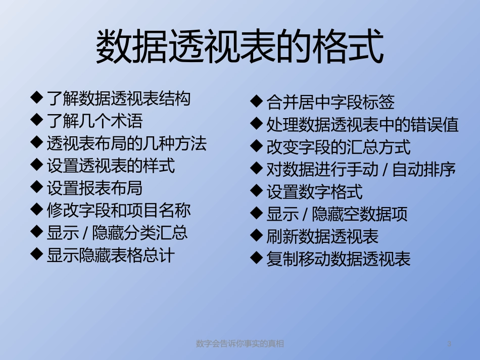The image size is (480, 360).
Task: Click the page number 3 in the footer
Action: click(449, 344)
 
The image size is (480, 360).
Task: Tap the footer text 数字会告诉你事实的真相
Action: click(239, 344)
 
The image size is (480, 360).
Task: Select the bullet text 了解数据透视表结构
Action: click(118, 99)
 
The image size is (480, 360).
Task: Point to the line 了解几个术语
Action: click(94, 121)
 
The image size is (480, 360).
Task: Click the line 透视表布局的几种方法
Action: click(126, 144)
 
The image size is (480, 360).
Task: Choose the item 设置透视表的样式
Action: click(111, 166)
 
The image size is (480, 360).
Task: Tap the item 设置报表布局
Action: click(94, 188)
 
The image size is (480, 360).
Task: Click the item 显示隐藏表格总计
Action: click(110, 255)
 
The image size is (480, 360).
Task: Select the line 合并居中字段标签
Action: click(330, 103)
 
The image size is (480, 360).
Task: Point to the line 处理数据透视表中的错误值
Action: click(362, 125)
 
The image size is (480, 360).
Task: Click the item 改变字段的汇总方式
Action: click(339, 147)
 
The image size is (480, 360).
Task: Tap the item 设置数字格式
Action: click(314, 192)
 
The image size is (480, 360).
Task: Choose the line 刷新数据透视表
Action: click(322, 236)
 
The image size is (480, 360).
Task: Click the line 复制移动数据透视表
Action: click(339, 259)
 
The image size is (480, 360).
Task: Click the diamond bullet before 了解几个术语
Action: click(36, 120)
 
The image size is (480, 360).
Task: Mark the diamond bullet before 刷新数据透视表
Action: click(256, 235)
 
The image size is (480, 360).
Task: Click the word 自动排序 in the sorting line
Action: click(424, 170)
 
